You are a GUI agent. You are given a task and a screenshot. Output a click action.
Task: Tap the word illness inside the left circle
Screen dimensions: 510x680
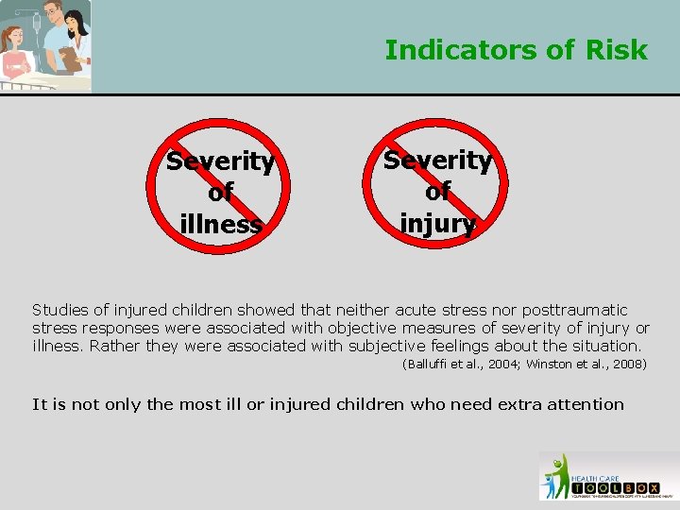(221, 225)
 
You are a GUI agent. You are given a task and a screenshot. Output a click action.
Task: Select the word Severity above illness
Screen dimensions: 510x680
(221, 161)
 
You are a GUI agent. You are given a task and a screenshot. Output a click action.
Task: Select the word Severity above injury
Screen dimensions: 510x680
(437, 161)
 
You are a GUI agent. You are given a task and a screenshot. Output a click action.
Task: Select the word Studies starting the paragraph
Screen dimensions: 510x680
(59, 310)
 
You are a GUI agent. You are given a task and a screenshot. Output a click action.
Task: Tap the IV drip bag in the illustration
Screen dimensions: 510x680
(36, 20)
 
